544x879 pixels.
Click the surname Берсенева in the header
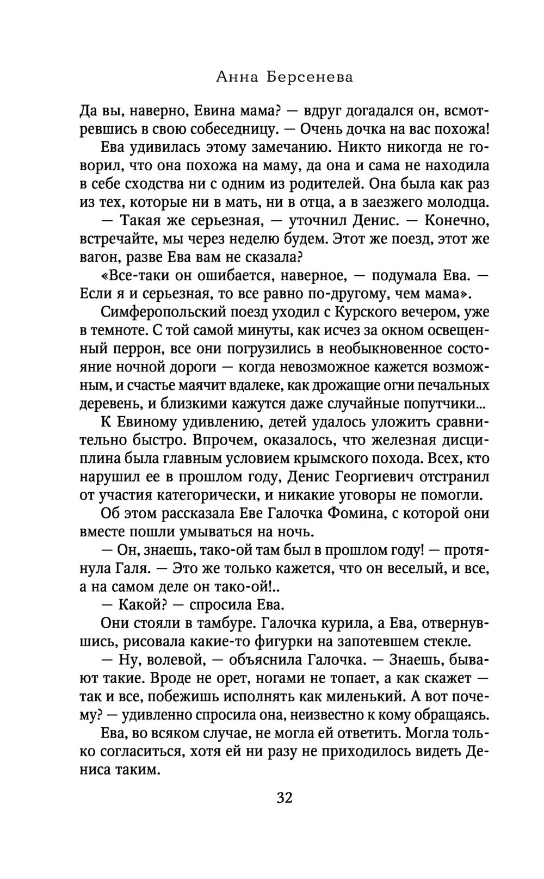coord(310,78)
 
